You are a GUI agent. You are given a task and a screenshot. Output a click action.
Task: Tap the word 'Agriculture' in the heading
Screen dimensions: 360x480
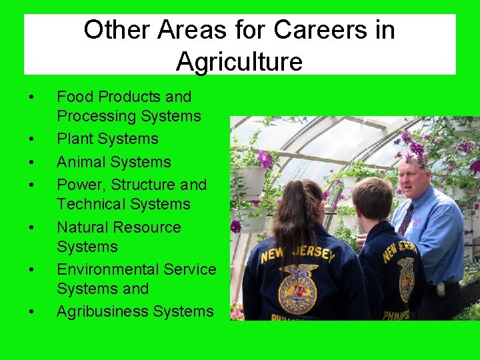pyautogui.click(x=239, y=62)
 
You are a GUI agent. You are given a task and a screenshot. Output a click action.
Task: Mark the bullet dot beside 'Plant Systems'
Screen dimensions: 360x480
pyautogui.click(x=32, y=139)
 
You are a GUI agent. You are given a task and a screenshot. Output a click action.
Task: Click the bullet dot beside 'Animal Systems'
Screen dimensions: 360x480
pyautogui.click(x=32, y=162)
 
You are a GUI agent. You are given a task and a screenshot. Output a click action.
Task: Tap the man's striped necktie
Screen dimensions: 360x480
pyautogui.click(x=405, y=219)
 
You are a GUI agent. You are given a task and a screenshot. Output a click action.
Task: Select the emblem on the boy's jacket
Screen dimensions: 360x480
pyautogui.click(x=406, y=279)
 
